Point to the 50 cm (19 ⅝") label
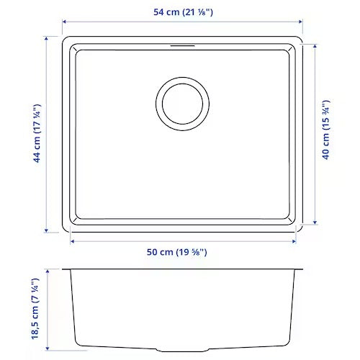(181, 253)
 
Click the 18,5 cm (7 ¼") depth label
(35, 314)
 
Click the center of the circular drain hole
(183, 103)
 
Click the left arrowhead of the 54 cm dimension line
(63, 22)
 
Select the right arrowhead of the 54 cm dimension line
(301, 22)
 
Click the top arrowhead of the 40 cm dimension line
(314, 46)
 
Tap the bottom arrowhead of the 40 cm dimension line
(314, 224)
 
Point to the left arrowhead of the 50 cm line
(73, 241)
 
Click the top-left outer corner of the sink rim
(63, 35)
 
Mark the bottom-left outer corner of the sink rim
(63, 233)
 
